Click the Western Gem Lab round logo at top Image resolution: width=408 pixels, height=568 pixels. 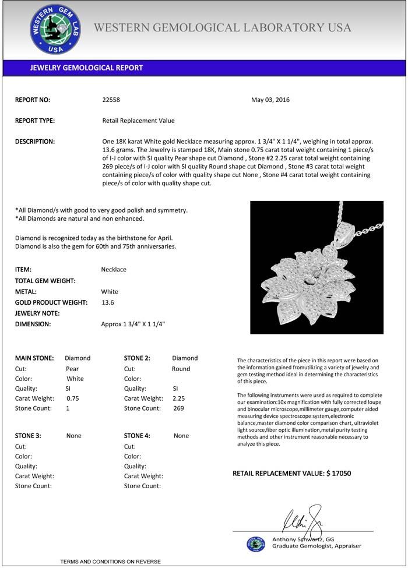55,29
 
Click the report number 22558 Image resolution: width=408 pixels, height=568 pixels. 111,100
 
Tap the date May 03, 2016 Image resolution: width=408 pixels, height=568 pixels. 270,100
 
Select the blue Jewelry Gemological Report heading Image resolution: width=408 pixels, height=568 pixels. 86,68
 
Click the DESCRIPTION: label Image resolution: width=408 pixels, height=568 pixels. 35,142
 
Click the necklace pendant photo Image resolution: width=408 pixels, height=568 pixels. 316,267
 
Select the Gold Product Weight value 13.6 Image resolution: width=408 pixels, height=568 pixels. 107,302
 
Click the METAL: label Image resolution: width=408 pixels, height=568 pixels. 26,292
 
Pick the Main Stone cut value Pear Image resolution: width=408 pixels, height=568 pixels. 72,369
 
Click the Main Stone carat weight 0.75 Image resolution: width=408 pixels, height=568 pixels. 73,398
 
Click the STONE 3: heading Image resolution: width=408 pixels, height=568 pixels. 28,436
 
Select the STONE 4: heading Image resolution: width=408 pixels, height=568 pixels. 137,436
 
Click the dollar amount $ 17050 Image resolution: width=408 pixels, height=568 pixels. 338,474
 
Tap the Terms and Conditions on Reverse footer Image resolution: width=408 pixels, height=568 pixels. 110,562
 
